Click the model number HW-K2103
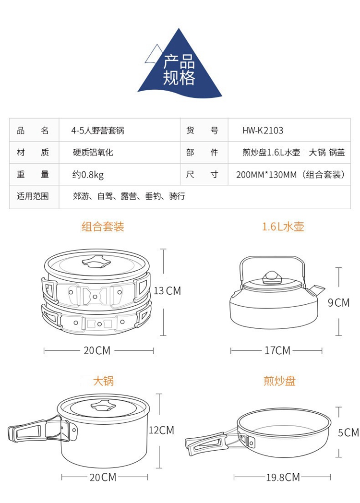[263, 131]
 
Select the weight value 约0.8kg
[88, 175]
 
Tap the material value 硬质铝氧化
[93, 153]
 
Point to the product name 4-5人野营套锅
[97, 131]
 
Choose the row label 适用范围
[33, 196]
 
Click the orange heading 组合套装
[103, 227]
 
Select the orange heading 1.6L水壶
[283, 227]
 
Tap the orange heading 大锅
[103, 381]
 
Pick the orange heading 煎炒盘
[280, 381]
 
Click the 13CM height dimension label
[167, 291]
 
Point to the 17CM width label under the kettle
[277, 351]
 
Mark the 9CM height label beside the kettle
[338, 303]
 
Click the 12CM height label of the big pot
[161, 430]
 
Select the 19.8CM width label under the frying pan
[283, 477]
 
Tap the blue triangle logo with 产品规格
[180, 67]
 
